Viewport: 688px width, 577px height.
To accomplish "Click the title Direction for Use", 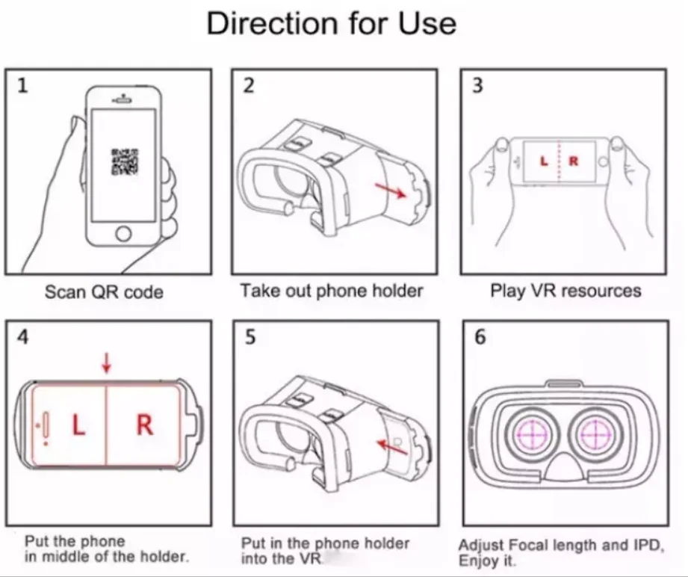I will point(331,24).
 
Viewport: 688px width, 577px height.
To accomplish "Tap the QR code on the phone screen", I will point(123,162).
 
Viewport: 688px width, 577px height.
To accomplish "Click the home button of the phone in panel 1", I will point(123,234).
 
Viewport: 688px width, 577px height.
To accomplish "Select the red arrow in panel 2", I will point(390,190).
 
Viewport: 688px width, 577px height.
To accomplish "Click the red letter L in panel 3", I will point(544,161).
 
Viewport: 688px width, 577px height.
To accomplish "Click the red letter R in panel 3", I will point(574,161).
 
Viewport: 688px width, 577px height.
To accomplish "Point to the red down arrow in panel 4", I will point(107,363).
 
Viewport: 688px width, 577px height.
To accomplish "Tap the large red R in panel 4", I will point(144,425).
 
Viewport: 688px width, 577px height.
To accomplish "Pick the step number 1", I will point(22,86).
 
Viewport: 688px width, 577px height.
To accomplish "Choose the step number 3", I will point(477,86).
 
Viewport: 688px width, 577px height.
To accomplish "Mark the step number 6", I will point(480,337).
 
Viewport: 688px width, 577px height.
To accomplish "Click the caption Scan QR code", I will point(104,291).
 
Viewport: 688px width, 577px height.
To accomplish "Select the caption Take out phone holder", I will point(331,290).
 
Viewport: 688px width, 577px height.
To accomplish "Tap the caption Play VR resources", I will point(565,290).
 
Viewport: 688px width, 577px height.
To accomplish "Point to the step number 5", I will point(250,337).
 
